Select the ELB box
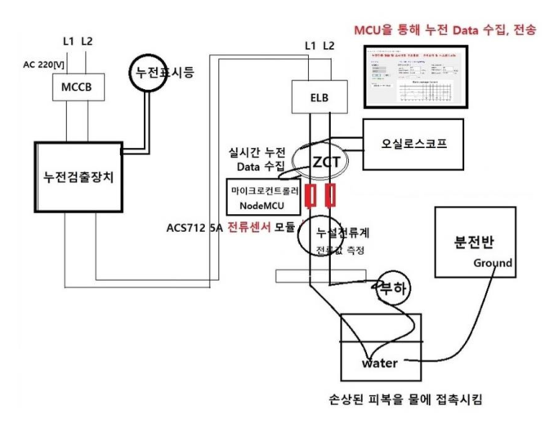319,96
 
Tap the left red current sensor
310,196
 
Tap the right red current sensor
331,196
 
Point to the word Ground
493,263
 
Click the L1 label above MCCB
68,41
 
